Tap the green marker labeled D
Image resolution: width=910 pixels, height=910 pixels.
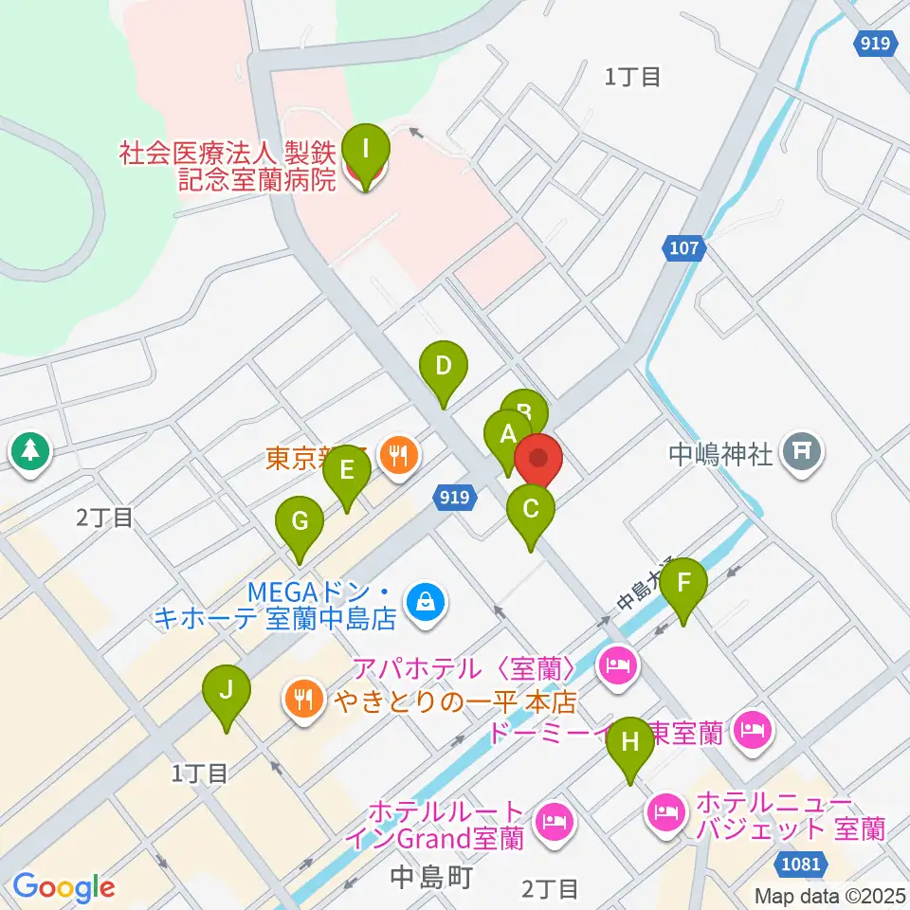click(x=443, y=365)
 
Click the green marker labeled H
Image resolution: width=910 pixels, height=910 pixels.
click(x=630, y=742)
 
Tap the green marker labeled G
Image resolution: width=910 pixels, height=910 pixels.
click(x=300, y=521)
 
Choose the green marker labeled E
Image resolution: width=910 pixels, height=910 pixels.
click(x=347, y=470)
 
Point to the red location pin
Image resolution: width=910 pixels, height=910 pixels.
click(x=538, y=460)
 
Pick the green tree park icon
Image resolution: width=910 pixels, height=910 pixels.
click(x=29, y=450)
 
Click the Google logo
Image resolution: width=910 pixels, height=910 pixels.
click(x=64, y=886)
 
